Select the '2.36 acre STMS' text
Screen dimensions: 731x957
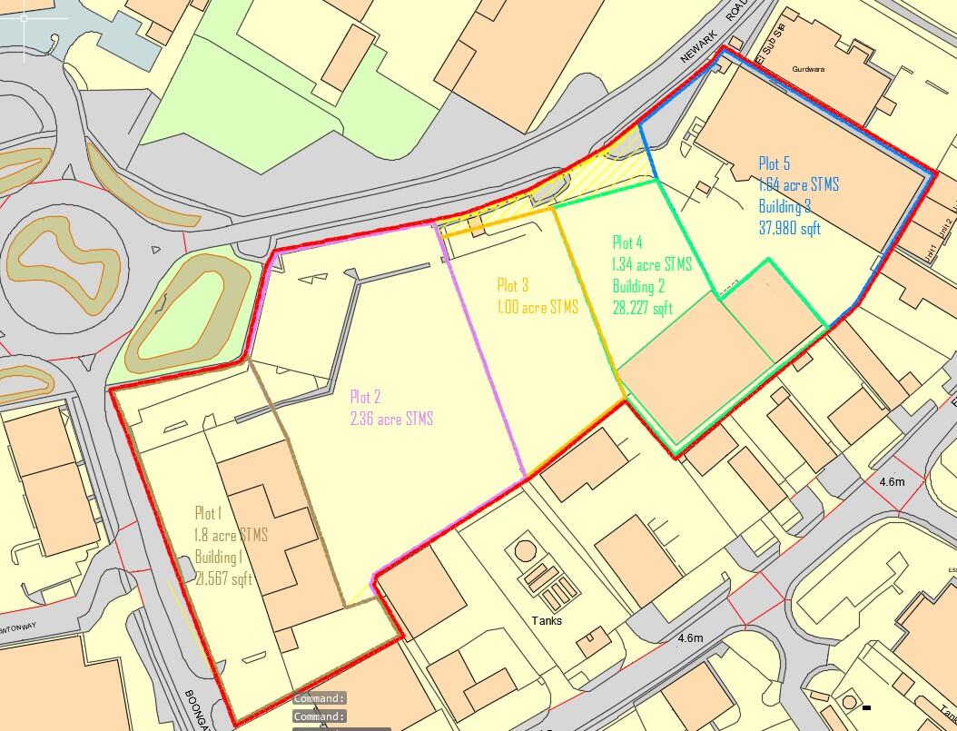(x=391, y=419)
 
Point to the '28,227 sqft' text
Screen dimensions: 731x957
(x=643, y=308)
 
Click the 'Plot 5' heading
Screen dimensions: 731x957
(x=774, y=163)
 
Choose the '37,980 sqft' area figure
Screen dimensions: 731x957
(x=789, y=228)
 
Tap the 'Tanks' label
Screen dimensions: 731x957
(x=548, y=621)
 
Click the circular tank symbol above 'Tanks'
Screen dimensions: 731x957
(x=525, y=550)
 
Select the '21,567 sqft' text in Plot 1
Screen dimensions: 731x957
(x=223, y=577)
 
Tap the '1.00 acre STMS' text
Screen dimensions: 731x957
(x=538, y=307)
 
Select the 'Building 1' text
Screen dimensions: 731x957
(x=218, y=556)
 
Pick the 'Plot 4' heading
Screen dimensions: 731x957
(x=627, y=242)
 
